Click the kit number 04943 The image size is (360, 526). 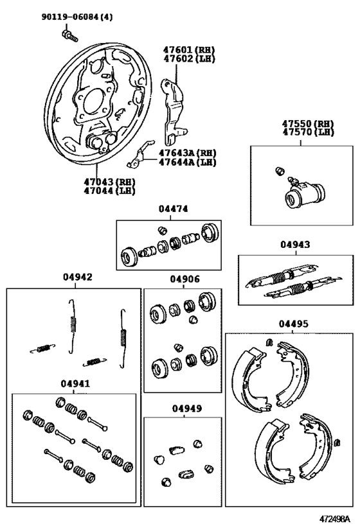pyautogui.click(x=294, y=245)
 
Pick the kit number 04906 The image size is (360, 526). pyautogui.click(x=184, y=279)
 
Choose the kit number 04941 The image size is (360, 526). pyautogui.click(x=75, y=384)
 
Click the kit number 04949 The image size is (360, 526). pyautogui.click(x=184, y=408)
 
